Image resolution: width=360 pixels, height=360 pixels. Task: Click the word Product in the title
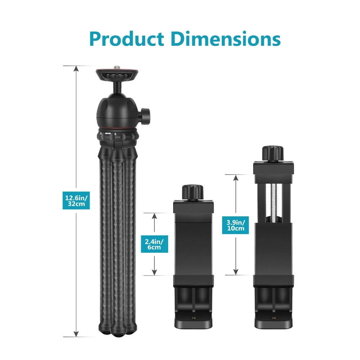pyautogui.click(x=126, y=39)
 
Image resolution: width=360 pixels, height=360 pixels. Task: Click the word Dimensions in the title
pyautogui.click(x=226, y=39)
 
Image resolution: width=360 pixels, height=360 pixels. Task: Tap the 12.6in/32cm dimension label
pyautogui.click(x=76, y=201)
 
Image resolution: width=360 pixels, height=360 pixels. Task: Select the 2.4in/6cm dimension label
pyautogui.click(x=154, y=244)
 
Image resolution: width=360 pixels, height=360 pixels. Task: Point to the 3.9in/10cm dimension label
pyautogui.click(x=235, y=225)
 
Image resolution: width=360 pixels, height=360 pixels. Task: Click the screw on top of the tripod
pyautogui.click(x=117, y=67)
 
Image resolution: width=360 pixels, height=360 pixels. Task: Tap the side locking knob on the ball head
pyautogui.click(x=145, y=116)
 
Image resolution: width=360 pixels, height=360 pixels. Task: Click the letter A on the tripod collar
pyautogui.click(x=101, y=134)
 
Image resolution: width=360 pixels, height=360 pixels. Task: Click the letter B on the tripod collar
pyautogui.click(x=115, y=134)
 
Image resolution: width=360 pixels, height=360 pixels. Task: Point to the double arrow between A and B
pyautogui.click(x=108, y=134)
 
